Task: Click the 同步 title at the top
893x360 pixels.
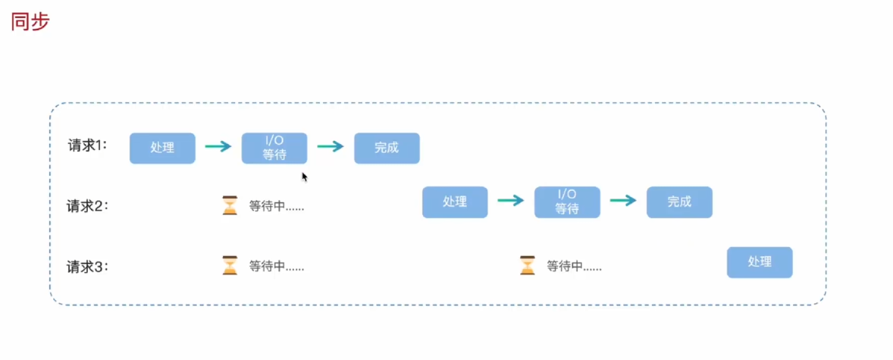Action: (31, 22)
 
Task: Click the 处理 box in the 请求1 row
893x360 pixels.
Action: (162, 148)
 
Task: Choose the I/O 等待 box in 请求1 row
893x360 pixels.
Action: (274, 148)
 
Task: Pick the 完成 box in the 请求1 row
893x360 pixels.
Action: (387, 148)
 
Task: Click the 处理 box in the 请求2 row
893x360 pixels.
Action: (455, 202)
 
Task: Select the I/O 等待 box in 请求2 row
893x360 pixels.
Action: (567, 202)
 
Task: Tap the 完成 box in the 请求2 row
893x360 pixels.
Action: (679, 202)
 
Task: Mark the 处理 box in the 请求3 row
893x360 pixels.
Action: (760, 262)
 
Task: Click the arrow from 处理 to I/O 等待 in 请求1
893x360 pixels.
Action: (218, 147)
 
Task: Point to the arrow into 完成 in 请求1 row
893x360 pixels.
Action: (331, 147)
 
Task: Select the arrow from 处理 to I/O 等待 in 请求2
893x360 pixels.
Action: (511, 201)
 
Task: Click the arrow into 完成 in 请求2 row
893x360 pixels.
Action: (623, 201)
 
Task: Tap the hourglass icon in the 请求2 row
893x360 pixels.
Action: (230, 205)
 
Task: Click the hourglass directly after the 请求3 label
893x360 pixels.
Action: (230, 265)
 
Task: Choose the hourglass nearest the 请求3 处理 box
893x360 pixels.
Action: (528, 265)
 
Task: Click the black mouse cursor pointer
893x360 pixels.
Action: (305, 177)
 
